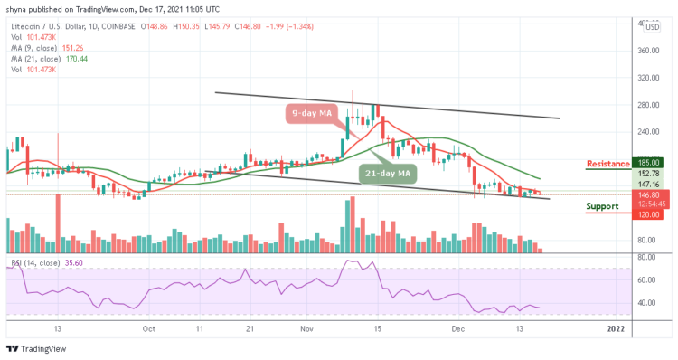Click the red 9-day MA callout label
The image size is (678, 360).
pos(313,114)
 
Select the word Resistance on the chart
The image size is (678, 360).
pos(607,164)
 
